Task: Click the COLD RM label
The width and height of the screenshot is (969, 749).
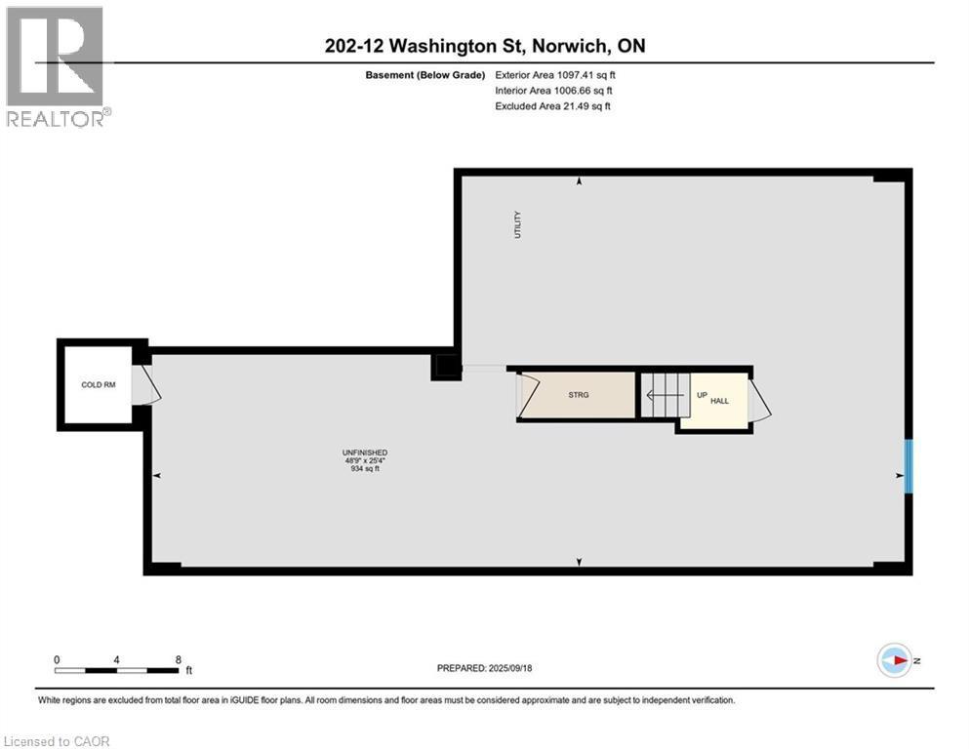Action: click(98, 385)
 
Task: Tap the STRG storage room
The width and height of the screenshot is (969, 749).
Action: click(580, 395)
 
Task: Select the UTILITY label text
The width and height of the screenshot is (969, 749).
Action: click(518, 225)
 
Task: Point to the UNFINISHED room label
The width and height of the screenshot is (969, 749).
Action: click(365, 453)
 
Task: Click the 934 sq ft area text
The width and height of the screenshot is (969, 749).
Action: click(365, 470)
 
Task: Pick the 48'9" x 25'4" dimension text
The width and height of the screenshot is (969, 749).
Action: click(365, 461)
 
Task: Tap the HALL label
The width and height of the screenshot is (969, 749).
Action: click(719, 401)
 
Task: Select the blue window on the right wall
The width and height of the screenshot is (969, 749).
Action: click(908, 465)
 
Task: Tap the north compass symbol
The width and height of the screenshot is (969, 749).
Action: click(893, 660)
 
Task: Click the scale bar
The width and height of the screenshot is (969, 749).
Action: click(117, 670)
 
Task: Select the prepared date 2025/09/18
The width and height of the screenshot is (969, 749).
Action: click(484, 668)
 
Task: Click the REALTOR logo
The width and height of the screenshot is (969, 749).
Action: click(56, 66)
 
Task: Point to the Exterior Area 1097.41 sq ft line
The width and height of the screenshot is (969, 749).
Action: click(553, 75)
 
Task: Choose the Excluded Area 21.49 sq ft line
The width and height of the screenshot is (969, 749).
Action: click(553, 106)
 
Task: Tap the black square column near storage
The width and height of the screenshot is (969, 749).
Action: click(446, 367)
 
